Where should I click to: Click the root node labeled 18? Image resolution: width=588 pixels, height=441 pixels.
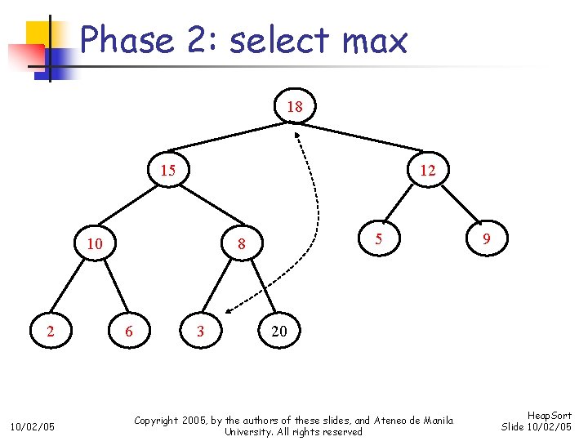click(295, 107)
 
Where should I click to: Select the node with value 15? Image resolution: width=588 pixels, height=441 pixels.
click(167, 170)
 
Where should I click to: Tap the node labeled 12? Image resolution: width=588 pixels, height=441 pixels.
click(427, 170)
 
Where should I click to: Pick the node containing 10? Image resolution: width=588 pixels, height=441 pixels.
click(95, 243)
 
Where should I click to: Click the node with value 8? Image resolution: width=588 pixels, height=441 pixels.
click(241, 243)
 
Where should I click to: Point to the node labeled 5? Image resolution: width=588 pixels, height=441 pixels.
click(378, 239)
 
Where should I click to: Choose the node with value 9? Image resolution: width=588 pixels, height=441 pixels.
click(486, 239)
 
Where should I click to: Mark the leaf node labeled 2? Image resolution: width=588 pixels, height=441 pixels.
click(51, 331)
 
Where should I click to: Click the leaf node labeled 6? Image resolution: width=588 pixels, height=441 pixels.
click(128, 331)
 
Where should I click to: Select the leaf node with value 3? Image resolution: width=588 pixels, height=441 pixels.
click(200, 331)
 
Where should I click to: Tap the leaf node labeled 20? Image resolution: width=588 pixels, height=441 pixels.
click(278, 331)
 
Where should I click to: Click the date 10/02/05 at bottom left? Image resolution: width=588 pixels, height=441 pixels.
click(33, 426)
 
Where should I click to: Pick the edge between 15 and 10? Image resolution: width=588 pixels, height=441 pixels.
click(131, 207)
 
